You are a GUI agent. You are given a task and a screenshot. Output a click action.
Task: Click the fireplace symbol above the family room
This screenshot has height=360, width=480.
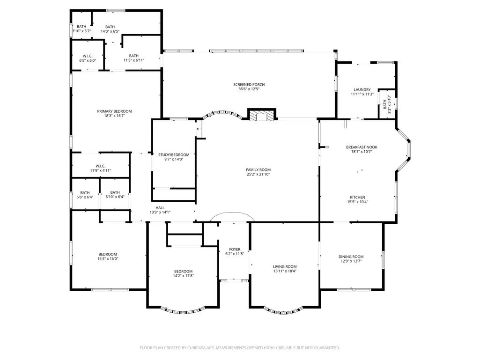tap(262, 115)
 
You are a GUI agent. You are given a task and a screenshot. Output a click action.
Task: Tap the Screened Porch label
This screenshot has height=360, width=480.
tap(249, 84)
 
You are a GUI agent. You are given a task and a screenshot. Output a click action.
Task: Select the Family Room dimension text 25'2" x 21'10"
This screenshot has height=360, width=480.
tap(258, 175)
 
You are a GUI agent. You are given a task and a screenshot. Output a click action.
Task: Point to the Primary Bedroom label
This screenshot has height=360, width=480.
tap(114, 111)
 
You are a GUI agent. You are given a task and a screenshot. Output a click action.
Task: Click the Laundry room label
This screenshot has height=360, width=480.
tap(362, 90)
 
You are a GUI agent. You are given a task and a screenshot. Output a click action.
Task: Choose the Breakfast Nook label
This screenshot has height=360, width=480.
tap(362, 147)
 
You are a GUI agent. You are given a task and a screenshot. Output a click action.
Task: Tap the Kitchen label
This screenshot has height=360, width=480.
tap(358, 198)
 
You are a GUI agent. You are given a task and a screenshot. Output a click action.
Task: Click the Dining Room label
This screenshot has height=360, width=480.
tap(351, 257)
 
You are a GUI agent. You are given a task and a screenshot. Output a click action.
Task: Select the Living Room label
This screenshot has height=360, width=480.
tap(285, 267)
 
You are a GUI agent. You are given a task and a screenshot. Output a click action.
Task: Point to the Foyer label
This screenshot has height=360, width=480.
tap(235, 250)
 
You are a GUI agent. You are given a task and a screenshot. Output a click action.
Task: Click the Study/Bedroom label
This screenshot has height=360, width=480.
tap(174, 155)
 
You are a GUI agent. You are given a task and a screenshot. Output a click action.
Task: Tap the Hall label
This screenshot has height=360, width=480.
tap(160, 208)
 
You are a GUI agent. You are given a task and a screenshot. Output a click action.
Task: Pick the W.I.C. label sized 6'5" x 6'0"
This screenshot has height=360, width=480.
tap(88, 56)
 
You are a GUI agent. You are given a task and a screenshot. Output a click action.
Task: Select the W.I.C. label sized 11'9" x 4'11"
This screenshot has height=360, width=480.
tap(100, 166)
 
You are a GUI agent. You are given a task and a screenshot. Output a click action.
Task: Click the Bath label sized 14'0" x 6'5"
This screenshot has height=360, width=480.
tap(110, 27)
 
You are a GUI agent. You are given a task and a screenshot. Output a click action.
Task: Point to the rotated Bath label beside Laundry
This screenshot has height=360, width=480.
tap(385, 104)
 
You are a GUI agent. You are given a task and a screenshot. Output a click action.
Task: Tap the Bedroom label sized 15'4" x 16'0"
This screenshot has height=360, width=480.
tap(108, 254)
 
